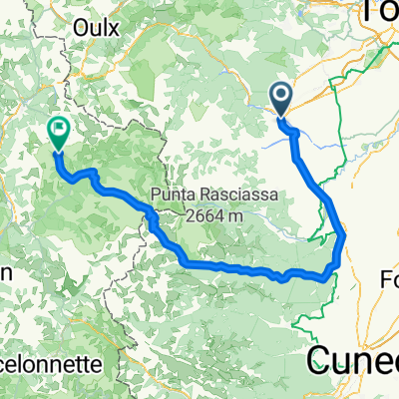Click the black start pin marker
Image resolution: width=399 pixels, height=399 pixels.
click(280, 99)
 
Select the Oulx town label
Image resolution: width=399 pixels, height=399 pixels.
click(96, 28)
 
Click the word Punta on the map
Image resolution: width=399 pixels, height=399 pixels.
click(175, 195)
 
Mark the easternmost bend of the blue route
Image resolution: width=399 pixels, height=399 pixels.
click(343, 236)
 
